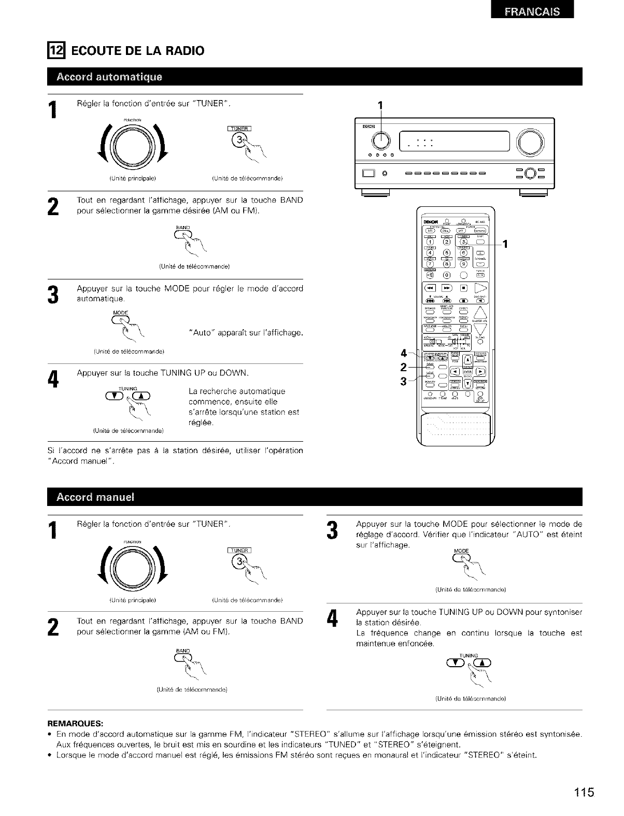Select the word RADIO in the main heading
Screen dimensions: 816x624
tap(185, 50)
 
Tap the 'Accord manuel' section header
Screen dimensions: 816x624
tap(95, 498)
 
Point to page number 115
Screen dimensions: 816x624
tap(584, 793)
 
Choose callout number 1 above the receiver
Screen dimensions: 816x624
tap(380, 105)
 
